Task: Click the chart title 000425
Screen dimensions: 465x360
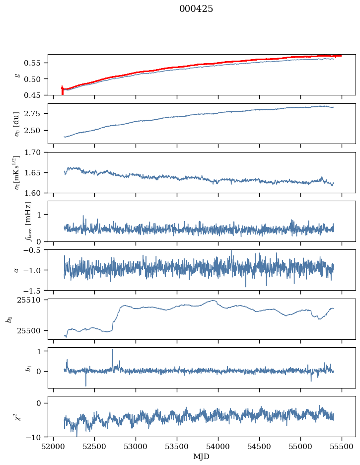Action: (x=196, y=9)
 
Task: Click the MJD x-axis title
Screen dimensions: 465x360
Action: (x=201, y=457)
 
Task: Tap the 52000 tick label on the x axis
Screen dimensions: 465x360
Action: (x=54, y=446)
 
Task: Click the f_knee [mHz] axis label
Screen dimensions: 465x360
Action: (x=28, y=221)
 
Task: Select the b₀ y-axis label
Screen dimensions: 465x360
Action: (x=8, y=318)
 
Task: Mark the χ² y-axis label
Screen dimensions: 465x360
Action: (x=17, y=416)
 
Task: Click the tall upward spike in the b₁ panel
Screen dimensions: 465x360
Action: (x=112, y=350)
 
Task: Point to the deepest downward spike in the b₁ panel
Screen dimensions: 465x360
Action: (x=85, y=386)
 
